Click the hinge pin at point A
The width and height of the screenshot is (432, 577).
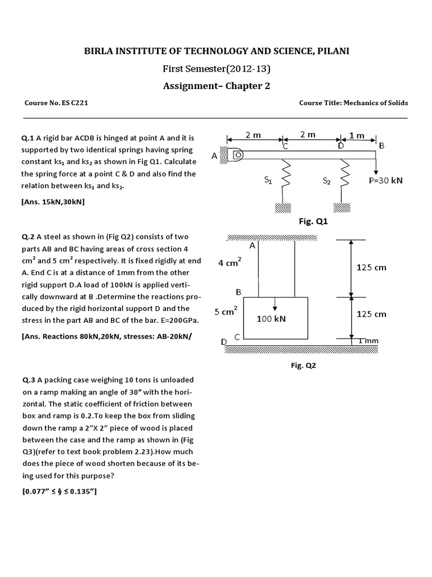tap(237, 153)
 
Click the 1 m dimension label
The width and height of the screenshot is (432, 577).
tap(357, 135)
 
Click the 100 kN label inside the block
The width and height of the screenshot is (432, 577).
tap(271, 318)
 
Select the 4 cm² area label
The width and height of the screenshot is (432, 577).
tap(229, 262)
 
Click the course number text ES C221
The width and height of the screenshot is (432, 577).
tap(72, 103)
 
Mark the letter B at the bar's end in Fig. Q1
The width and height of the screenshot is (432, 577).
tap(381, 146)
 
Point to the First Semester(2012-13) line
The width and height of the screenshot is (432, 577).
tap(216, 69)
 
